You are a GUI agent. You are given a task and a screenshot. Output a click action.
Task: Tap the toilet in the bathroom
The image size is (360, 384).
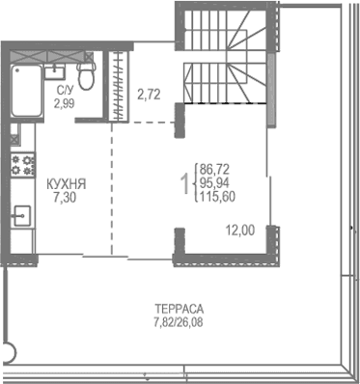point(87,76)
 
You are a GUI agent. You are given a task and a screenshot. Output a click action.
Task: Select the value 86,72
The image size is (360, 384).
point(217,168)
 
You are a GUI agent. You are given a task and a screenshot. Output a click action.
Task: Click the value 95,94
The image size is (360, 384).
point(217,181)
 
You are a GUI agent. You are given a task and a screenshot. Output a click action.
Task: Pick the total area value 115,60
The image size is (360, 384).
point(220,195)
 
